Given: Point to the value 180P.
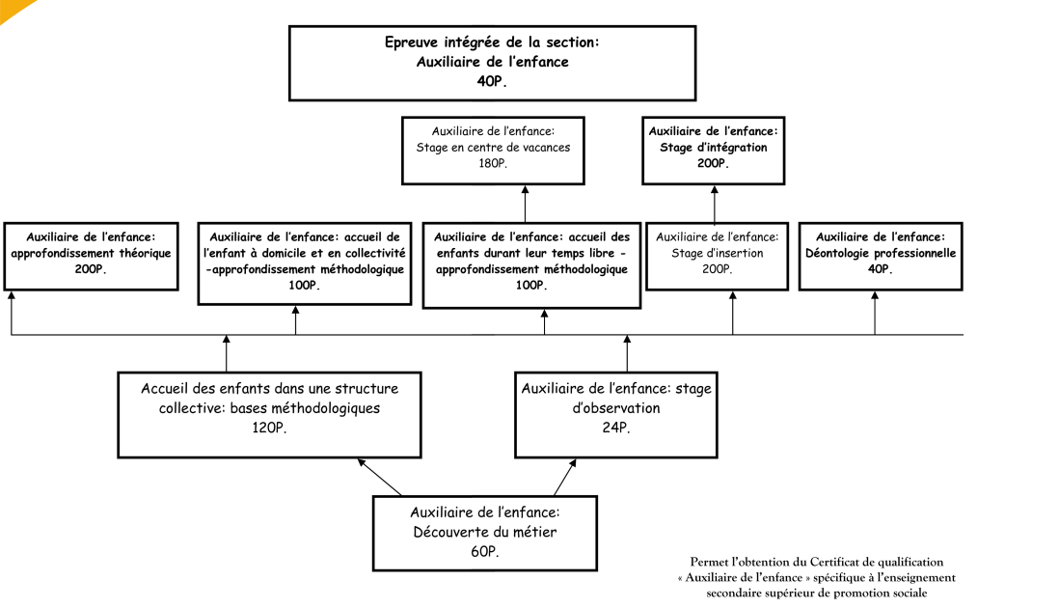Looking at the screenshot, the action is tap(493, 163).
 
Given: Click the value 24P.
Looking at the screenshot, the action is tap(616, 428).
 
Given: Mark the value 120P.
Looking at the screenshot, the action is tap(269, 428).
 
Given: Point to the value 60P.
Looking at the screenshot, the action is tap(485, 552).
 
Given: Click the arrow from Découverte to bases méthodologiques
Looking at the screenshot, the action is tap(379, 477).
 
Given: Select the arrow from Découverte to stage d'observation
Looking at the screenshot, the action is tap(565, 477).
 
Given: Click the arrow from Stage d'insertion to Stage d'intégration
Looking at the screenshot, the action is tap(715, 205).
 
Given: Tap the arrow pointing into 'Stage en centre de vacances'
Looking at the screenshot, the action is tap(525, 205).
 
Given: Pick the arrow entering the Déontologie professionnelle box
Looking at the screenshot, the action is tap(875, 313).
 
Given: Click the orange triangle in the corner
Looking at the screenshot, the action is tap(13, 7).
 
